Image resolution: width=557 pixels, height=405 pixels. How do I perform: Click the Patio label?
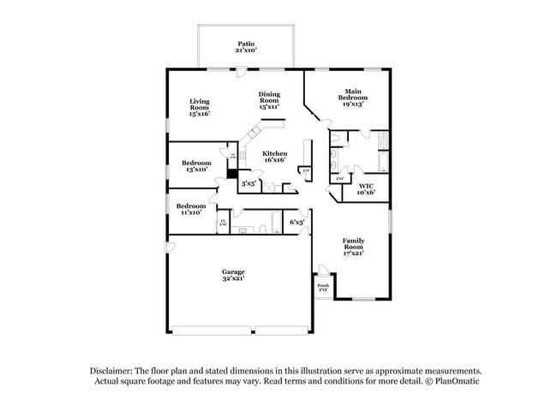(246, 44)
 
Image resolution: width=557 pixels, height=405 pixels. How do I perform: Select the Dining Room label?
(269, 98)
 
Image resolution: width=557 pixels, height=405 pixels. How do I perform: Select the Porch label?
(322, 285)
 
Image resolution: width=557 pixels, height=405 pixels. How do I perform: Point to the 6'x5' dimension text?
(297, 222)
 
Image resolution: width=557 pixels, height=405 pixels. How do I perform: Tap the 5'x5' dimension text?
(249, 183)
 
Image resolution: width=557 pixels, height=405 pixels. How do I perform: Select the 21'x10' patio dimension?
(246, 51)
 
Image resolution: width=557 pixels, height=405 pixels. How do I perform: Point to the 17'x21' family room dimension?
(354, 253)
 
